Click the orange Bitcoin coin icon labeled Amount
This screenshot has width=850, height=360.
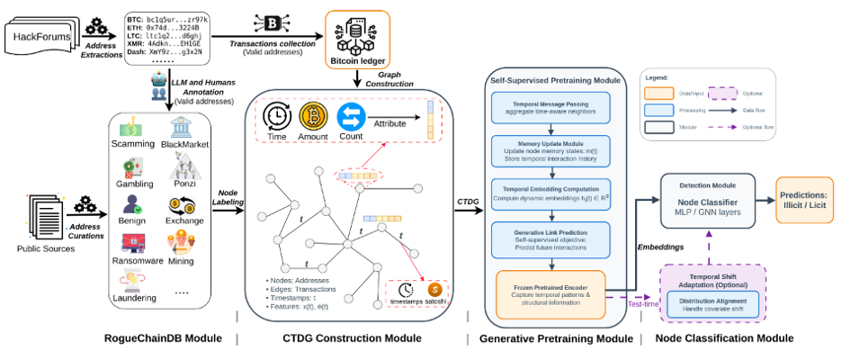[x=311, y=118]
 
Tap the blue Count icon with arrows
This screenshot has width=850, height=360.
[x=350, y=118]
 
